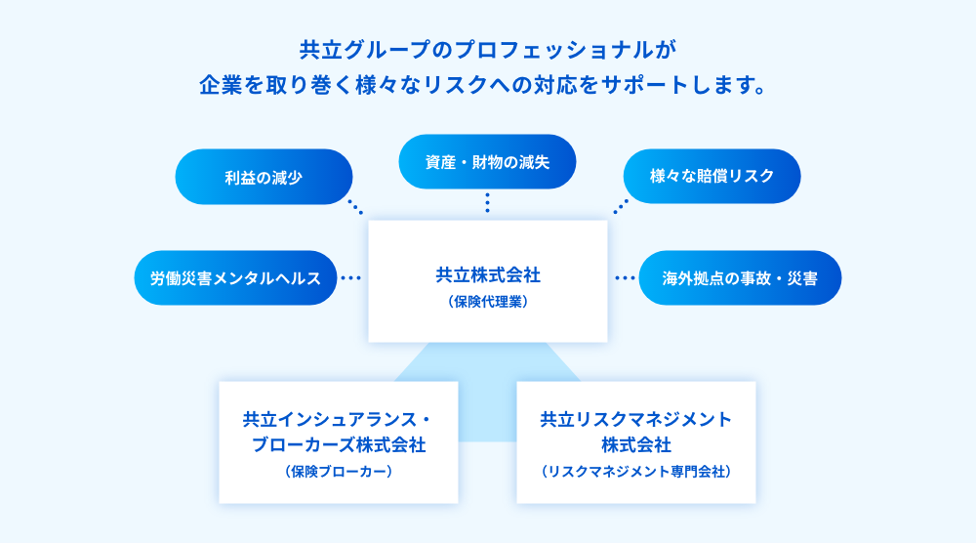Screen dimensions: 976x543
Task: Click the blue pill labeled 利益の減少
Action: tap(264, 177)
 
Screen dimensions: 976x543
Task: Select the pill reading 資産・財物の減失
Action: tap(487, 162)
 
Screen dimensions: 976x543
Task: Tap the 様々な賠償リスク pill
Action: tap(712, 176)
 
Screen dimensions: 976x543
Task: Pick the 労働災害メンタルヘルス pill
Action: tap(235, 277)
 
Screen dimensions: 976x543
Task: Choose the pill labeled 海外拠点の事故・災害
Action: tap(740, 277)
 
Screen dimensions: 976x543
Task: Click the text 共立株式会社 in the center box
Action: tap(488, 274)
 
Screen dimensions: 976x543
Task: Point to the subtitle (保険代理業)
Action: tap(488, 302)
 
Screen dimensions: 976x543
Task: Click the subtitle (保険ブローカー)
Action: tap(339, 472)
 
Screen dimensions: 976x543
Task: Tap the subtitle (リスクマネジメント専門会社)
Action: tap(636, 472)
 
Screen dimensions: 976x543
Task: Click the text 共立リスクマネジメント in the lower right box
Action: tap(636, 419)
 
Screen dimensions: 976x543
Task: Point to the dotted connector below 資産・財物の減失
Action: tap(487, 202)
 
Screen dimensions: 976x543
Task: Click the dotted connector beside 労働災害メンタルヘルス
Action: tap(351, 277)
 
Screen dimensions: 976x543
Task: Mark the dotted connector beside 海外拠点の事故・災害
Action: tap(625, 277)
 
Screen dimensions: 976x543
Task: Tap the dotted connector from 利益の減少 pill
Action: tap(355, 207)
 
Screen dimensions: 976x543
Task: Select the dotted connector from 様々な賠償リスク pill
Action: tap(621, 207)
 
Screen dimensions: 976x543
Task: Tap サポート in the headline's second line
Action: tap(644, 85)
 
